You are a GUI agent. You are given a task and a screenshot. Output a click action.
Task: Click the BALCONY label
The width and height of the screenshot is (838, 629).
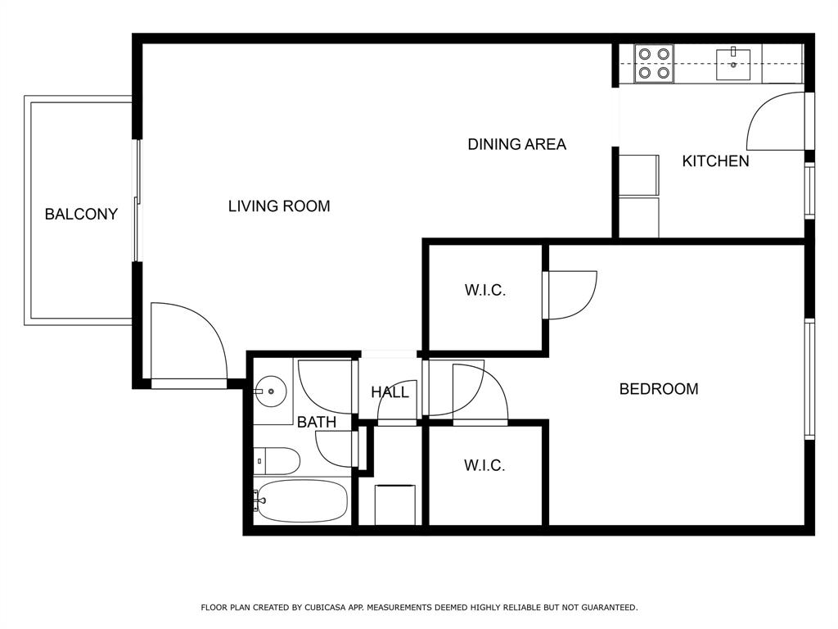[x=81, y=215]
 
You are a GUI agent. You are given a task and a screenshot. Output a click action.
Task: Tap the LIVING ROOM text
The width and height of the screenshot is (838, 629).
[x=279, y=206]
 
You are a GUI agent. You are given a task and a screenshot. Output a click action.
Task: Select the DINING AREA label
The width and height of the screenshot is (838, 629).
[x=516, y=144]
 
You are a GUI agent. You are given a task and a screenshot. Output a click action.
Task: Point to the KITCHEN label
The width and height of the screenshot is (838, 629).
[x=715, y=161]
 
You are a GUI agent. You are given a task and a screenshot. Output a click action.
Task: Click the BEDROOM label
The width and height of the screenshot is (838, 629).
[x=659, y=389]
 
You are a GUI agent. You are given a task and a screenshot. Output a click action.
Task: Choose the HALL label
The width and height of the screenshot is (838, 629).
[x=390, y=392]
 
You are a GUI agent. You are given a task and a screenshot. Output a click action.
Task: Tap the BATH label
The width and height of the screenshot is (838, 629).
[x=316, y=423]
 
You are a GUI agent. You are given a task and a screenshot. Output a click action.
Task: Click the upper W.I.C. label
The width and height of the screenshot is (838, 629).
[x=484, y=290]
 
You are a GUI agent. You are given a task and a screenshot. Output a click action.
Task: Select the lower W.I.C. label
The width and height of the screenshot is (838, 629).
[x=484, y=466]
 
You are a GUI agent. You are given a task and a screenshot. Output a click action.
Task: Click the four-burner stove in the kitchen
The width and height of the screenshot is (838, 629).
[x=655, y=63]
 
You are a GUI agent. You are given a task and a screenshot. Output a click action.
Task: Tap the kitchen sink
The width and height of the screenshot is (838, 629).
[x=733, y=63]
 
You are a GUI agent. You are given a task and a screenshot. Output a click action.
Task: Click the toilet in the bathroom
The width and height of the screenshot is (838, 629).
[x=277, y=461]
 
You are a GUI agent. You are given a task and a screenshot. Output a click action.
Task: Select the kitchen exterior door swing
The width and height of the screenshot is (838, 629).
[x=777, y=123]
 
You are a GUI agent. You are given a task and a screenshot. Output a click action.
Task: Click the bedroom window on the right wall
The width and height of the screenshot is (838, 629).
[x=809, y=379]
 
